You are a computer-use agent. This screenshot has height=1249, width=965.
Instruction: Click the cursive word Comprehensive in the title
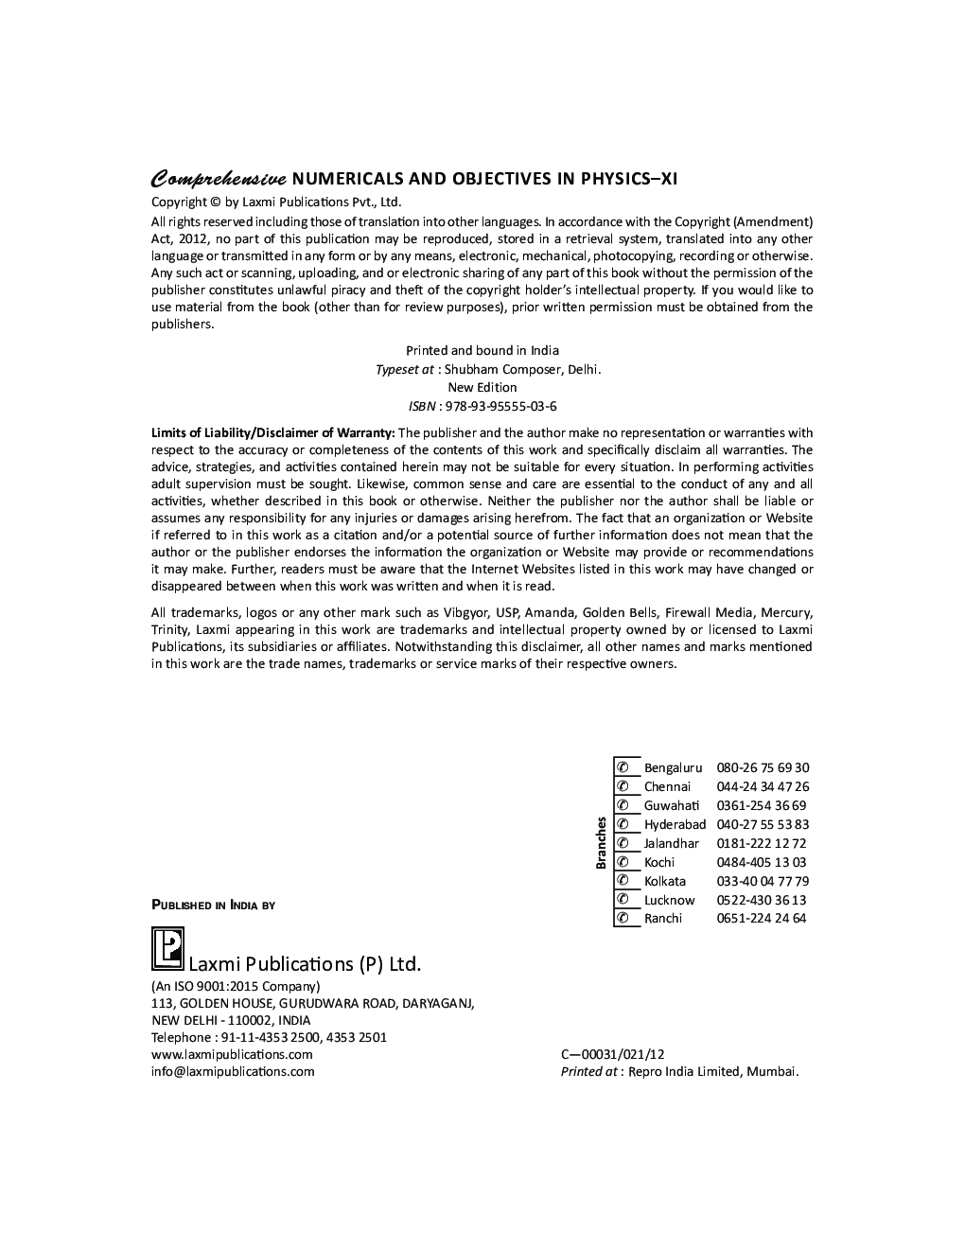coord(219,179)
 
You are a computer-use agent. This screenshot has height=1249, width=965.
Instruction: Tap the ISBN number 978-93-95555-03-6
coord(500,406)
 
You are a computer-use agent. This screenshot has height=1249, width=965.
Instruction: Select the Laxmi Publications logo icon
coord(167,949)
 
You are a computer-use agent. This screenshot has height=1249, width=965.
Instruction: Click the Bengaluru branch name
coord(673,768)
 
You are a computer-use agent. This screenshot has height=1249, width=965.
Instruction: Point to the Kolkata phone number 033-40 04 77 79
coord(763,881)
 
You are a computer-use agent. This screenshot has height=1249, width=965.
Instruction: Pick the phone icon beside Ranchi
coord(623,918)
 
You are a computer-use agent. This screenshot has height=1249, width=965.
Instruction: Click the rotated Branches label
coord(601,842)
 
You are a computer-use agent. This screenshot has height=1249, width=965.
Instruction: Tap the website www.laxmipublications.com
coord(232,1054)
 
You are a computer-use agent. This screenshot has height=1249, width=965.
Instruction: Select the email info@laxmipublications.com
coord(233,1071)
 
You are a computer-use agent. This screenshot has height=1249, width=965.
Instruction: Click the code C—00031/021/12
coord(612,1054)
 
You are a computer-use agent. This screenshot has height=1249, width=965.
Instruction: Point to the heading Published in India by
coord(214,906)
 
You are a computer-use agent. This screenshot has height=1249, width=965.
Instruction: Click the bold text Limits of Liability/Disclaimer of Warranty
coord(273,433)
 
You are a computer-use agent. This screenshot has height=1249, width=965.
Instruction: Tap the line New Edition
coord(482,387)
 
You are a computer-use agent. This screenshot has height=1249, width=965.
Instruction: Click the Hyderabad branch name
coord(675,824)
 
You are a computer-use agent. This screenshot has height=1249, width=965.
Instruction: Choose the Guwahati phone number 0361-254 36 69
coord(762,805)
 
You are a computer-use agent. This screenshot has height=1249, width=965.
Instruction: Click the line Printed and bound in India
coord(482,350)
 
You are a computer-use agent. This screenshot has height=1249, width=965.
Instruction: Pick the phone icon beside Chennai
coord(623,786)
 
